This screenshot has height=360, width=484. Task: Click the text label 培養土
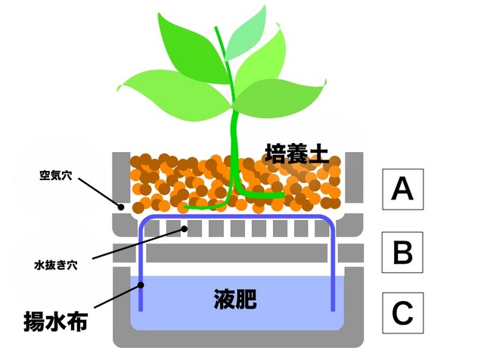(x=297, y=155)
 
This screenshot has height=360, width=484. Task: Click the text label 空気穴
(x=55, y=175)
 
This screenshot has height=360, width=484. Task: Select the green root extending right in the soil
(x=261, y=196)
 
